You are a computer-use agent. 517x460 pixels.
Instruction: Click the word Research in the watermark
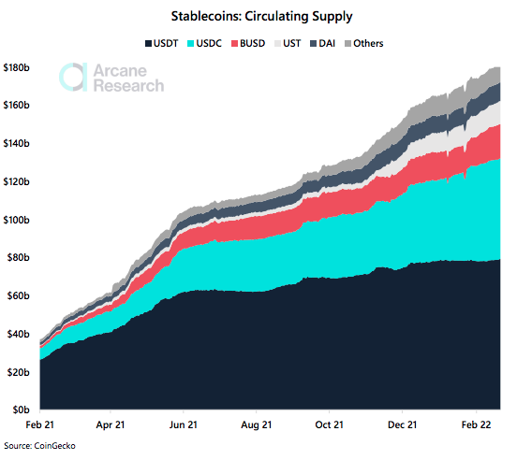pyautogui.click(x=128, y=86)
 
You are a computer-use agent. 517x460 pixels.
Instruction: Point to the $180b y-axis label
pyautogui.click(x=17, y=67)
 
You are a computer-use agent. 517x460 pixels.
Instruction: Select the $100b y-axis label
pyautogui.click(x=17, y=220)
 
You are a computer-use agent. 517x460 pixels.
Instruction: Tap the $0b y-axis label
pyautogui.click(x=21, y=410)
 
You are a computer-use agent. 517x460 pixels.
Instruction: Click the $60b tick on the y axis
pyautogui.click(x=20, y=296)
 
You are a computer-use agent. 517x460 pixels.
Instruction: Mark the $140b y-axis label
pyautogui.click(x=17, y=144)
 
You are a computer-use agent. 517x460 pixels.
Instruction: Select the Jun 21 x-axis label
pyautogui.click(x=183, y=424)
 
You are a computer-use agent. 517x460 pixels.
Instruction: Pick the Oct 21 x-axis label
pyautogui.click(x=329, y=424)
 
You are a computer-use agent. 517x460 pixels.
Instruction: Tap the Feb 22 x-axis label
pyautogui.click(x=475, y=424)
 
